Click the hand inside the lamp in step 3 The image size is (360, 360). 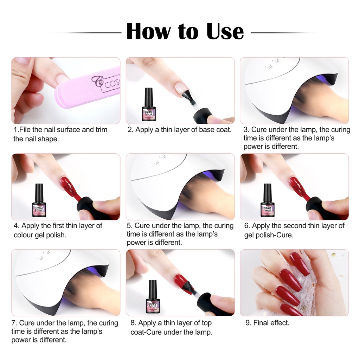click(316, 98)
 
